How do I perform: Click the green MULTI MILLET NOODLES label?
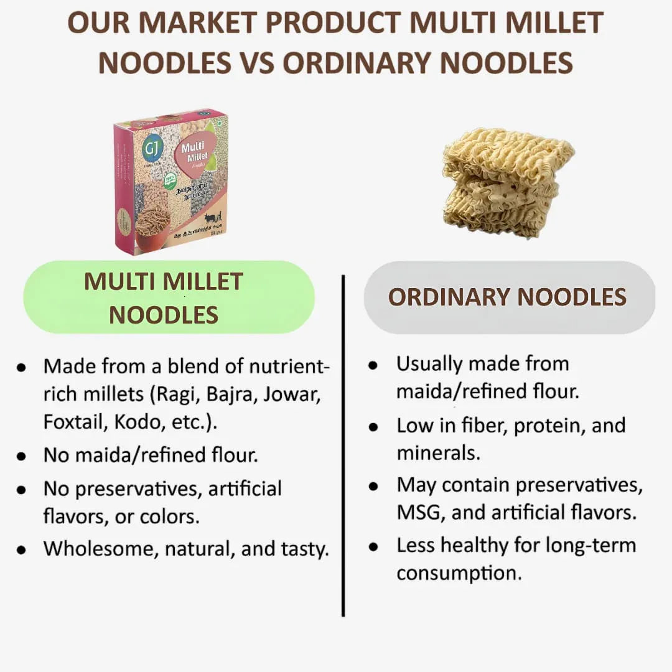point(169,297)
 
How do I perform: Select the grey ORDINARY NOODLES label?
point(508,297)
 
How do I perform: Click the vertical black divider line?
point(343,445)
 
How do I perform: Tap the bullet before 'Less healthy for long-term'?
point(373,547)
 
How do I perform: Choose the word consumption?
point(459,572)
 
